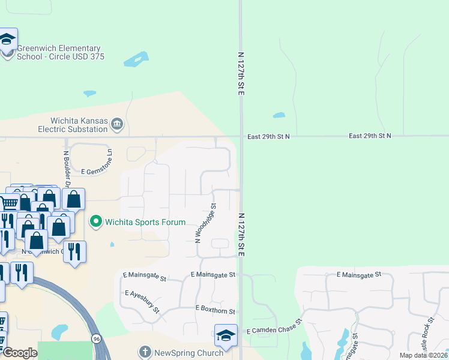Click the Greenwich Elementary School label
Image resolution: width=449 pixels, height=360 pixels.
60,52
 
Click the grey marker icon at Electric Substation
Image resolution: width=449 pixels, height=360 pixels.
117,125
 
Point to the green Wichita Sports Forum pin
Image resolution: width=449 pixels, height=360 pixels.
95,222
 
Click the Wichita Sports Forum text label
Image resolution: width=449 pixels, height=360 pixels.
145,222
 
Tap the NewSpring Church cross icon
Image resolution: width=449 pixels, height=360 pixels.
145,353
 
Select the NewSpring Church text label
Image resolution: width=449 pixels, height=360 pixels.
188,353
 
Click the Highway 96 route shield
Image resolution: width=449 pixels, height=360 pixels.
96,338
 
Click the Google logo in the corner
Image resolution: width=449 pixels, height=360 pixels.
20,353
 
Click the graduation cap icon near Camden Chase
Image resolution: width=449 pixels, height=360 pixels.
226,336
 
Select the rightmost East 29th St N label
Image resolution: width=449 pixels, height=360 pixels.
370,136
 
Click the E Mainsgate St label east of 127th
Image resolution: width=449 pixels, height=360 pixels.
359,275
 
